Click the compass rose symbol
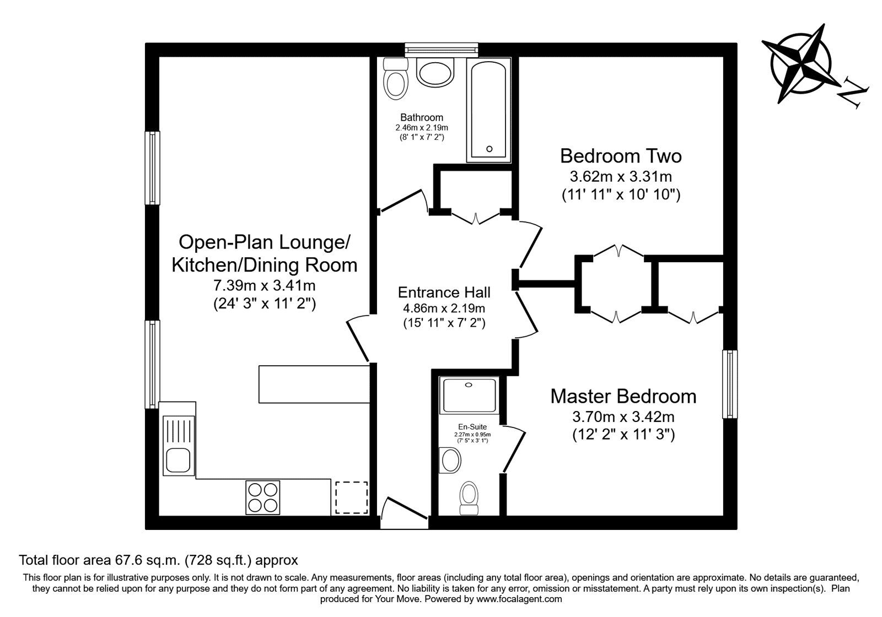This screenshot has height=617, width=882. click(802, 64)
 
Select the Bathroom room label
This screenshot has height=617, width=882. click(421, 117)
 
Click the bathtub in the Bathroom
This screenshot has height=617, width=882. click(488, 110)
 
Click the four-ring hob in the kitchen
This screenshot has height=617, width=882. click(262, 497)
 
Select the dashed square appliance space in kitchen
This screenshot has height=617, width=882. click(351, 498)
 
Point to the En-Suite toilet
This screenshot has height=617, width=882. click(469, 498)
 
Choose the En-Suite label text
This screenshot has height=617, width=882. click(472, 426)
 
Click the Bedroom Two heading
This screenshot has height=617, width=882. click(621, 156)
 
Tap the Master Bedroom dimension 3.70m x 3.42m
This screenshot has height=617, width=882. click(623, 416)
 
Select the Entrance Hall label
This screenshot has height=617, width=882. click(444, 293)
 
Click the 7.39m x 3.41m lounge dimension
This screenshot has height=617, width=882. click(264, 284)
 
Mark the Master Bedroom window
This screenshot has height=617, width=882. click(730, 384)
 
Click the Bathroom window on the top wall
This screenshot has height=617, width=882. click(442, 50)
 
